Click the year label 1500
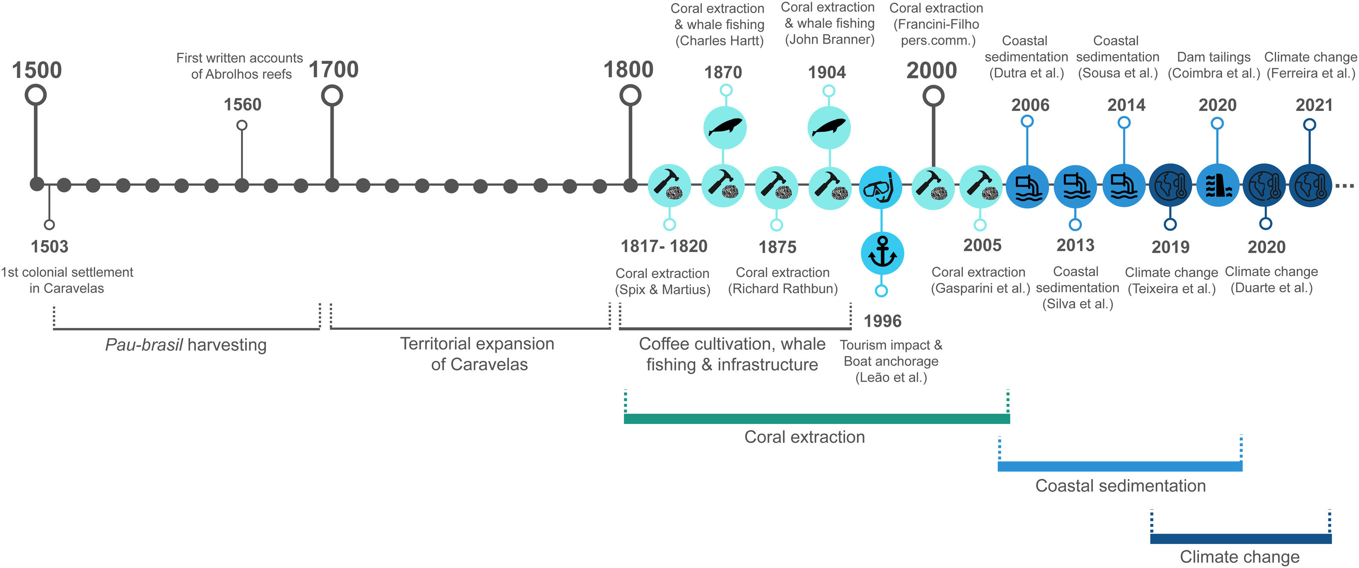coord(36,70)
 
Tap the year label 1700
coord(333,70)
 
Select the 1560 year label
coord(242,104)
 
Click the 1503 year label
coord(49,246)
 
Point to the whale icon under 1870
coord(725,128)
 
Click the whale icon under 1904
coord(829,128)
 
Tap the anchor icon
coord(882,253)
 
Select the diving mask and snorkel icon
coord(880,187)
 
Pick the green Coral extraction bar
coord(816,419)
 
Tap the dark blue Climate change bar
coord(1240,538)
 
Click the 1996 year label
coord(882,321)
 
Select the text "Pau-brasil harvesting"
coord(186,345)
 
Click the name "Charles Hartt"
coord(720,41)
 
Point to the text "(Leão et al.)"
coord(891,378)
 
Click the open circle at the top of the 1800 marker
coord(630,95)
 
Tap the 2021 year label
coord(1314,105)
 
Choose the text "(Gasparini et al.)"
coord(980,288)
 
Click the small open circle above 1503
coord(49,225)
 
